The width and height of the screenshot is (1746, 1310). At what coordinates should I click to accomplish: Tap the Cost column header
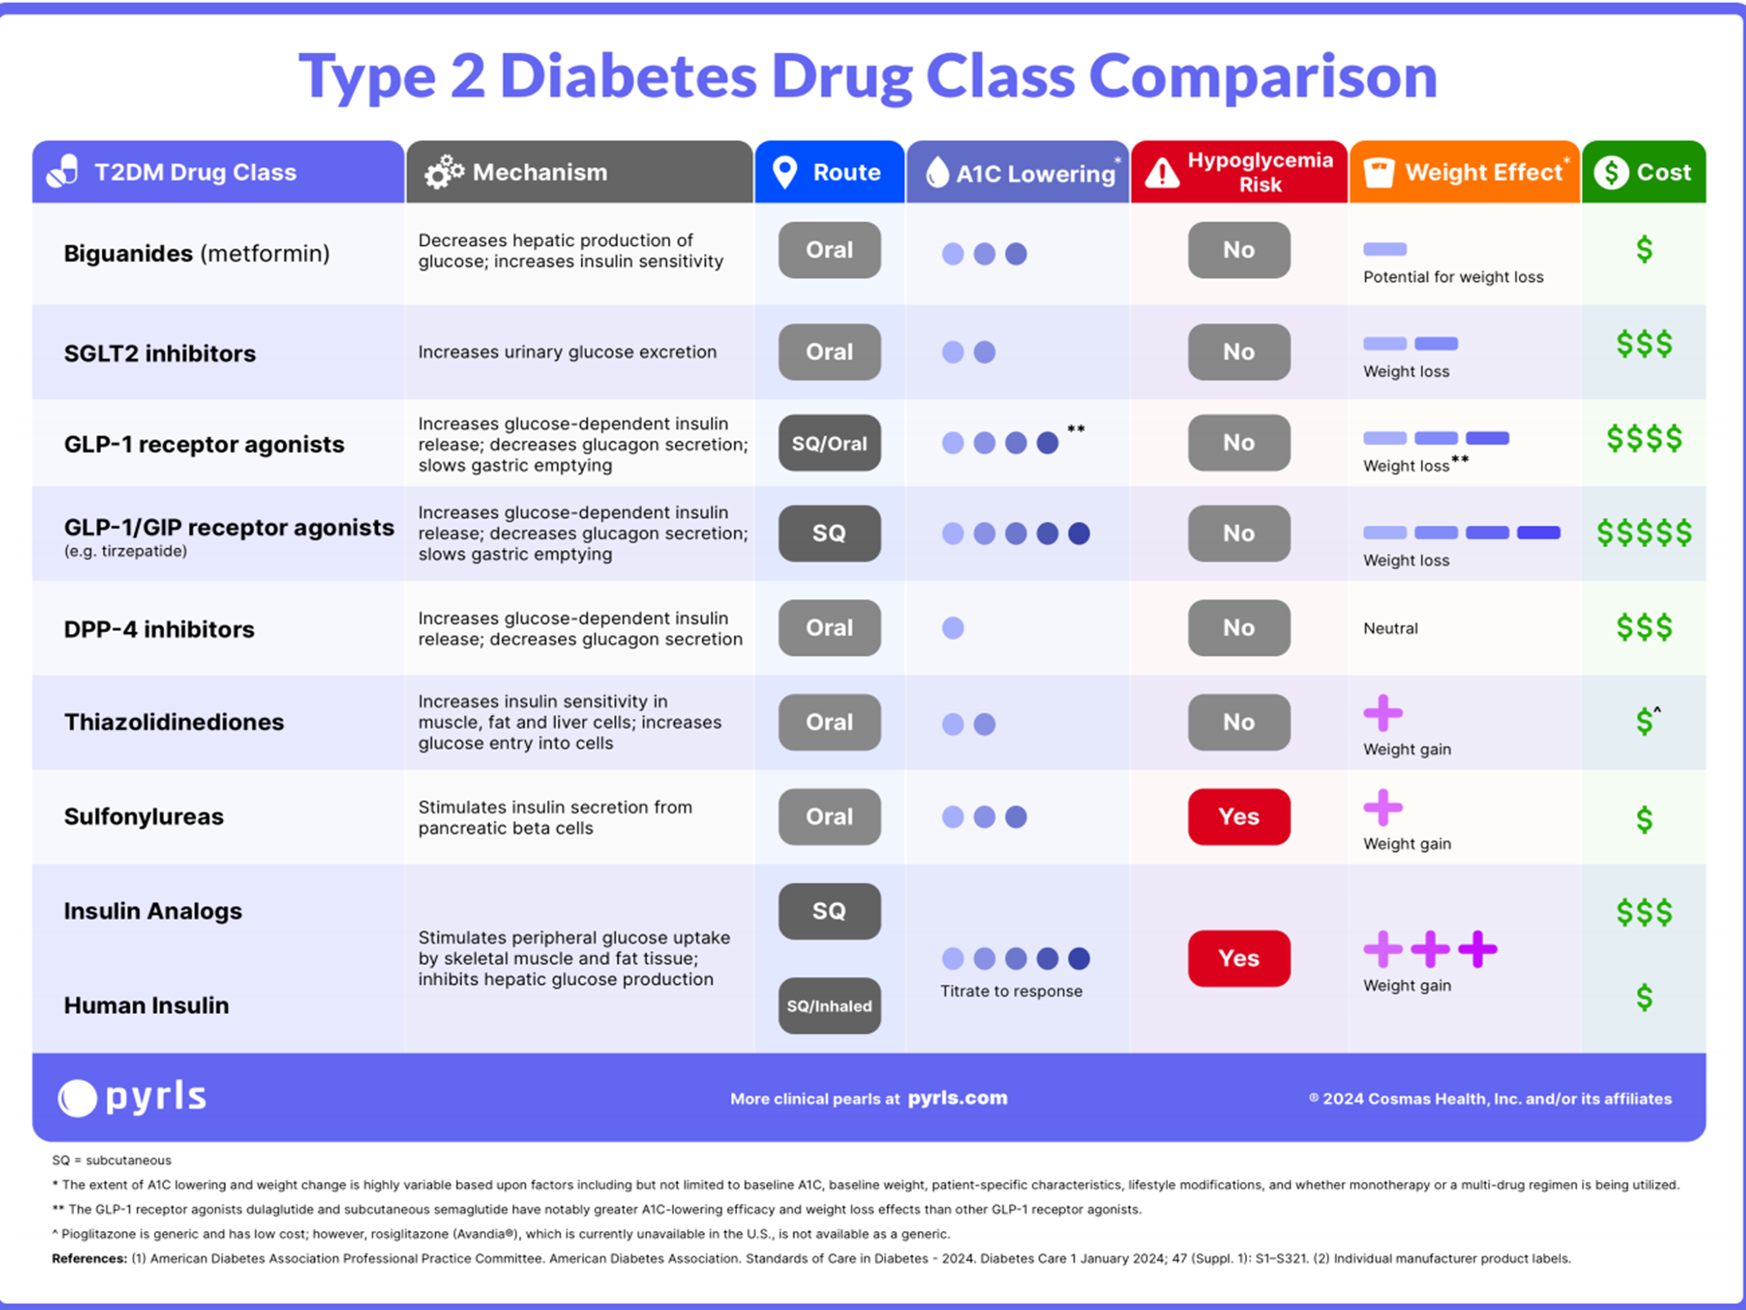1643,172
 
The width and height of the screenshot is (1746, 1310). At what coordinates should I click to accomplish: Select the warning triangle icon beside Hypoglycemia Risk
1162,173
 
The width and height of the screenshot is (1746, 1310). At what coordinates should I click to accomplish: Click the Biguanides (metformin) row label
197,253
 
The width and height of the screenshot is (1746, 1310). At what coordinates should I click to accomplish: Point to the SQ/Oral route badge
830,443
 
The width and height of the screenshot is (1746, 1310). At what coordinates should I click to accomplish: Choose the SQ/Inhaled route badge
830,1006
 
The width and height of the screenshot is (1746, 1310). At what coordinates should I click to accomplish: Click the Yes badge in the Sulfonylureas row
1239,816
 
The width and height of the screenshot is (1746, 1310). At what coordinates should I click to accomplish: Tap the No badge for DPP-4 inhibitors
1239,628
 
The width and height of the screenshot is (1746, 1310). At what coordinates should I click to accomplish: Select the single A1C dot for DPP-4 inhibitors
953,628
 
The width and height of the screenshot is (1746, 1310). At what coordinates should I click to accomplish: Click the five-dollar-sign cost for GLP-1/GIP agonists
1644,533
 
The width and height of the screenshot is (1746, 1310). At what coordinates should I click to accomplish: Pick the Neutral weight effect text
1391,629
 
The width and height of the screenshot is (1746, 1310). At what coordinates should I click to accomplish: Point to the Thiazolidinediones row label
174,722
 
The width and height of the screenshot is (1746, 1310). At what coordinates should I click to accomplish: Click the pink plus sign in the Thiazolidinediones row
1383,713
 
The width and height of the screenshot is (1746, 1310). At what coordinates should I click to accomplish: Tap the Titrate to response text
1011,991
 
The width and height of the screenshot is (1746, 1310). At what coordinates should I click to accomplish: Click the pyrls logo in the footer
133,1097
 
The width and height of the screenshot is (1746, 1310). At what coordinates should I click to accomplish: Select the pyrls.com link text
957,1098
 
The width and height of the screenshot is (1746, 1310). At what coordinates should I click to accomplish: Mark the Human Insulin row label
146,1005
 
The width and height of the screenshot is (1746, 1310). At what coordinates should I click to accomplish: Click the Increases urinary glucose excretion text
568,352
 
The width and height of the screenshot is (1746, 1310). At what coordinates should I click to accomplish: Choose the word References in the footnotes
89,1259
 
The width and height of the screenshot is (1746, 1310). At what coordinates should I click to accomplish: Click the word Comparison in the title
1263,77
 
